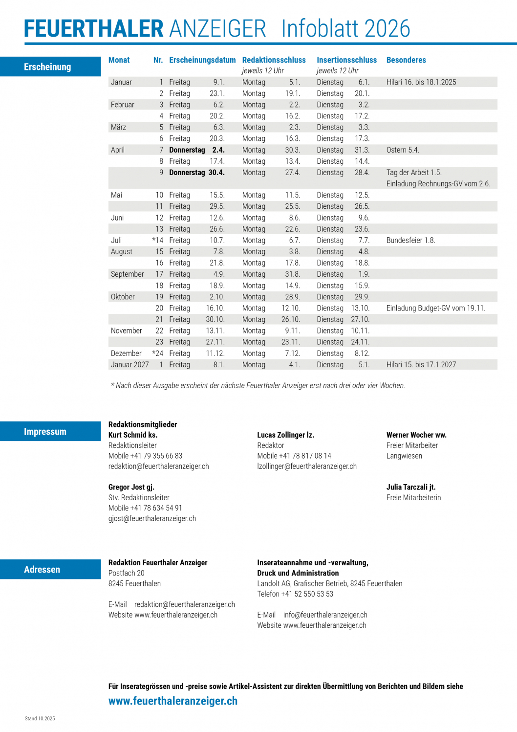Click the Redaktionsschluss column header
coord(274,60)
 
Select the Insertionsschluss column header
coord(346,60)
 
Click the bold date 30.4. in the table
coord(216,173)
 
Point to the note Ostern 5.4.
coord(403,150)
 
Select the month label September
coord(127,274)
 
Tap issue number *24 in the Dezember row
coord(158,354)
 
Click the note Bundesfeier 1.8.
coord(410,241)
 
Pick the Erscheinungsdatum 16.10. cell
coord(215,309)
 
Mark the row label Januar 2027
coord(129,365)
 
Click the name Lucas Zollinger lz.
coord(285,435)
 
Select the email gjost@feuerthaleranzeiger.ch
coord(152,519)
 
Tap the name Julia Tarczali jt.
coord(410,488)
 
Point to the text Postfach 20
coord(127,573)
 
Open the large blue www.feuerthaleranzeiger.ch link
coord(173,701)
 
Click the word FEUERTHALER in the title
coord(93,29)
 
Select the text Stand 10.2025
coord(40,719)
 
